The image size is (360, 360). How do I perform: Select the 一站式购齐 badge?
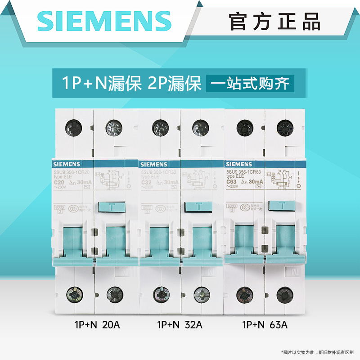[250, 84]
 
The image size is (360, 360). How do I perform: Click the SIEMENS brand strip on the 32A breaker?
[154, 164]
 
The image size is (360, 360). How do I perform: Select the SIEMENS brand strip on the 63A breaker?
[239, 164]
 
